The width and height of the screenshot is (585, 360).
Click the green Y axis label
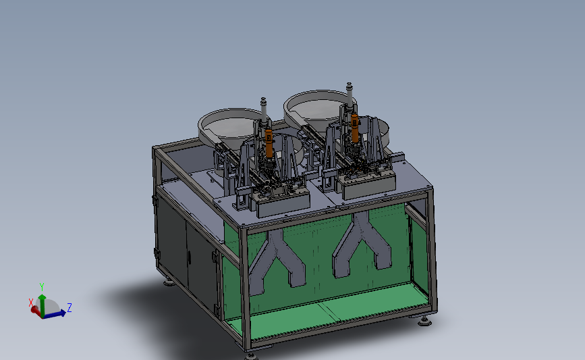coord(42,287)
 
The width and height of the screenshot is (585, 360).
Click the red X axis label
coord(31,303)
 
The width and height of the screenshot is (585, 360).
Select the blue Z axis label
coord(69,308)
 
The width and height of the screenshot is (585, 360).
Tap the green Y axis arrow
coord(42,305)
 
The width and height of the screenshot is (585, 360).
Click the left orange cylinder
coord(269,143)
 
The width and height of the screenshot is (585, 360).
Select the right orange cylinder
coord(354,128)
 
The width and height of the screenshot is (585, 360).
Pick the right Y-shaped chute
coord(361,242)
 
